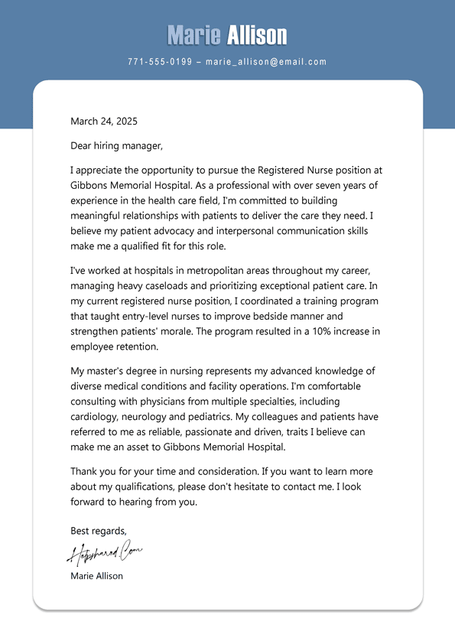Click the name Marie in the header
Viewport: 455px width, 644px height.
(x=193, y=35)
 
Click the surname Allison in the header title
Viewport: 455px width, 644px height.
(x=257, y=35)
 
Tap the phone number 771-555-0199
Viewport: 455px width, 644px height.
(x=160, y=62)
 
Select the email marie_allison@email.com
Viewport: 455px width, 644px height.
(x=266, y=62)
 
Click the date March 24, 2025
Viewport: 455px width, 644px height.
(x=104, y=121)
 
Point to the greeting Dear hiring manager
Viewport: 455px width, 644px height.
(x=116, y=145)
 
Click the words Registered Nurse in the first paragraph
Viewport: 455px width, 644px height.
(x=296, y=170)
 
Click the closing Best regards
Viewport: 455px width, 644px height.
(x=99, y=530)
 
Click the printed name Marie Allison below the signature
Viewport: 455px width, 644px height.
(x=96, y=576)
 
